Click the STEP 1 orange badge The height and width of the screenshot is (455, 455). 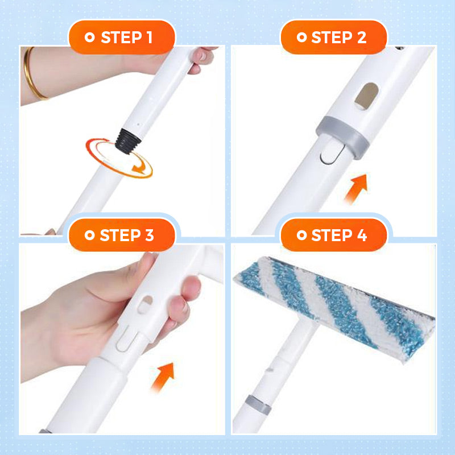pyautogui.click(x=121, y=38)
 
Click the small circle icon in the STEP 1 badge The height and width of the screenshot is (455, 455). pyautogui.click(x=89, y=38)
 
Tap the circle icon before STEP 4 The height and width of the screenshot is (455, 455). pyautogui.click(x=301, y=235)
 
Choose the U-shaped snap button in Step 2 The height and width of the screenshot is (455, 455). pyautogui.click(x=329, y=154)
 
